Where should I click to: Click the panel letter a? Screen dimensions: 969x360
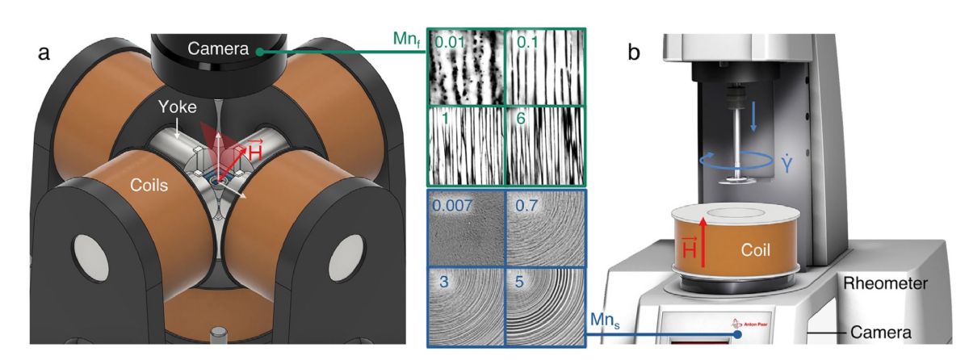coord(44,53)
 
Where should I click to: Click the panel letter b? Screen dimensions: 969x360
coord(634,52)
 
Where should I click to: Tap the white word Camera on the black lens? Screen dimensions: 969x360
coord(218,48)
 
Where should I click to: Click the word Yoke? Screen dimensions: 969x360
coord(178,107)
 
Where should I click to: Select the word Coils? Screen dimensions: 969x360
coord(149,185)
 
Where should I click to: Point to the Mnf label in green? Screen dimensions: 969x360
coord(406,40)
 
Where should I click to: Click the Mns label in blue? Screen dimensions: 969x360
coord(605,320)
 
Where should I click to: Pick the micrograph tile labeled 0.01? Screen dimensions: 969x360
coord(467,67)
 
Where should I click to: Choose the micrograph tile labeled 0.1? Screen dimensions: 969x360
coord(545,67)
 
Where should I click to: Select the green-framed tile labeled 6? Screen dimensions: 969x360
coord(545,145)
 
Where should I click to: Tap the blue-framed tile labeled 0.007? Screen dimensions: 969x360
coord(467,228)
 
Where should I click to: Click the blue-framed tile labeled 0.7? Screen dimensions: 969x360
coord(545,228)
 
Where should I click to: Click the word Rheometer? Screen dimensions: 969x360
coord(886,283)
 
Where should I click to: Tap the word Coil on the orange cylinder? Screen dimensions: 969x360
coord(755,249)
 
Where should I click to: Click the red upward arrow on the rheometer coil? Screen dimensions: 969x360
coord(703,242)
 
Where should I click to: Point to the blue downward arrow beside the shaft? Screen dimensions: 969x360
coord(753,116)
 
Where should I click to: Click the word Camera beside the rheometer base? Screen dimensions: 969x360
coord(881,333)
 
